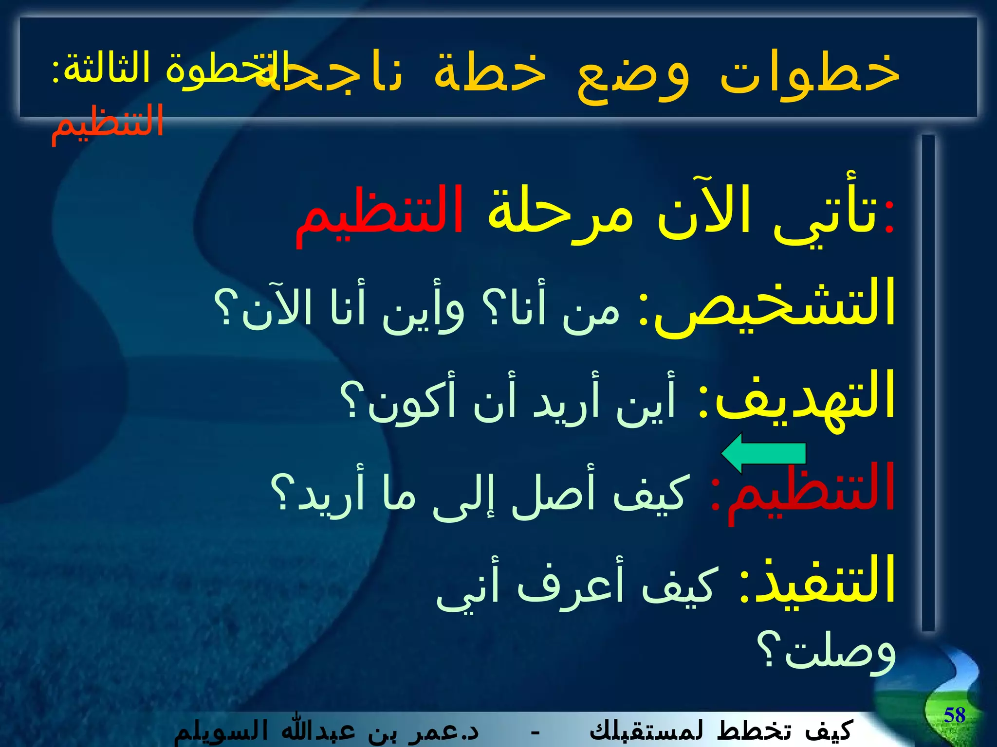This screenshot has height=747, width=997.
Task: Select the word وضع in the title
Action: coord(633,75)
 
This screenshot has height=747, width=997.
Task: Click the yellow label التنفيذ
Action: coord(823,581)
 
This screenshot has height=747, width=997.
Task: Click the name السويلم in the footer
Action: coord(214,731)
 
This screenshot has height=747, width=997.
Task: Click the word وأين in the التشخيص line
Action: coord(424,311)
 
